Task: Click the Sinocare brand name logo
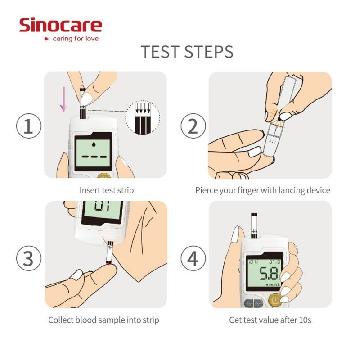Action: pos(61,25)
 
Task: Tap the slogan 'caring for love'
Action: pos(76,39)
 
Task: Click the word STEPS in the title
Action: pos(209,51)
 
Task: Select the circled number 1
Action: pos(29,126)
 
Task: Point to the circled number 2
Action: pos(193,126)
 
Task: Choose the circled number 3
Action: pos(29,258)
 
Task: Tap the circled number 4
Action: pos(193,258)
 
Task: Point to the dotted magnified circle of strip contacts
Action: pos(143,117)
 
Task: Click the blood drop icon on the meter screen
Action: pos(94,144)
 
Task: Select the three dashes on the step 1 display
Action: pos(94,157)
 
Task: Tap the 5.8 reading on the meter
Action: pos(269,273)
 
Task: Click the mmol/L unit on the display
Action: pos(273,285)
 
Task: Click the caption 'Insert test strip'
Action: pos(107,190)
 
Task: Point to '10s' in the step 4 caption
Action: pos(305,320)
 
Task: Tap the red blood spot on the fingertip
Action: pos(109,265)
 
